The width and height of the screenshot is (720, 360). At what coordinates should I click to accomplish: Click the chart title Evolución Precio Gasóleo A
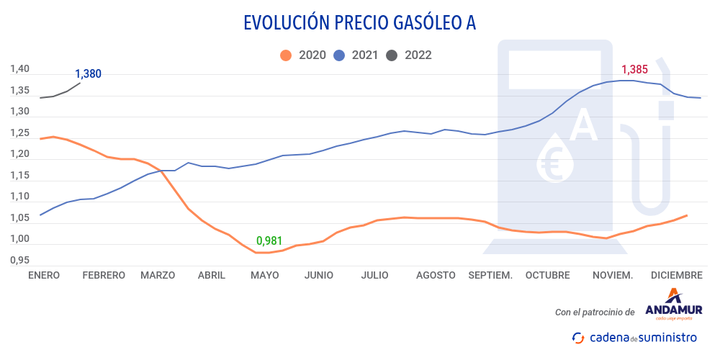click(360, 23)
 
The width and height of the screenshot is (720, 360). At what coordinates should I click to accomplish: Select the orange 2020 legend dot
click(287, 55)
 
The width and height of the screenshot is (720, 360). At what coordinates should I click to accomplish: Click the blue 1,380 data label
click(88, 73)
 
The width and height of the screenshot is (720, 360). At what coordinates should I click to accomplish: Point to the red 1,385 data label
click(634, 70)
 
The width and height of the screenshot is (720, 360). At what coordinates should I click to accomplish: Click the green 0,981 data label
click(269, 240)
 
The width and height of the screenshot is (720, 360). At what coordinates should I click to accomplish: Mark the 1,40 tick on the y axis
click(19, 69)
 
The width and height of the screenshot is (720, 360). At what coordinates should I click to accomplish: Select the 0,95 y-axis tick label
click(19, 260)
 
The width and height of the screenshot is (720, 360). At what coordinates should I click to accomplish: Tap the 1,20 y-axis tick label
click(19, 154)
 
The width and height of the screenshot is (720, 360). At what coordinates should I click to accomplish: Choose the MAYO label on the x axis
click(264, 275)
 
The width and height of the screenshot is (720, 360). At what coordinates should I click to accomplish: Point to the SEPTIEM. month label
click(490, 275)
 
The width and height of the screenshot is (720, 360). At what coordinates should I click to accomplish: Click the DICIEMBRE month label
click(676, 275)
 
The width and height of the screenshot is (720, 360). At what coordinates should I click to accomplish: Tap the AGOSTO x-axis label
click(436, 275)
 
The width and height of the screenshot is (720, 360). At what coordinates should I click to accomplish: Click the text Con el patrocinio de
click(595, 312)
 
